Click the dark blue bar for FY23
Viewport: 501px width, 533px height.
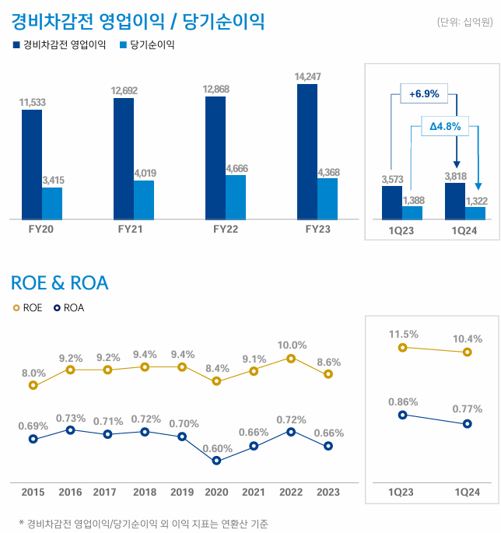(x=307, y=151)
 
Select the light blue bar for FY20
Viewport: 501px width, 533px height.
(x=52, y=203)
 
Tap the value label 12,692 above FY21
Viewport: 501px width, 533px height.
(x=124, y=91)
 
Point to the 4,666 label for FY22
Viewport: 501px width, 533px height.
(x=236, y=168)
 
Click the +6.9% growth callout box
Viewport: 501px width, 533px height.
(x=424, y=94)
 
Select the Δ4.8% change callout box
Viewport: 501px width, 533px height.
(x=445, y=125)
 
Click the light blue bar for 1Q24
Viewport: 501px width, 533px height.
(x=475, y=212)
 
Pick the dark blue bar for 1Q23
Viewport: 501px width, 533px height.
(x=392, y=202)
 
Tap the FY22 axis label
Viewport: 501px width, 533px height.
(x=226, y=230)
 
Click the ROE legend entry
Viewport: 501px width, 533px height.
(x=27, y=308)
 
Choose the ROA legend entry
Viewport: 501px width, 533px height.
(x=68, y=308)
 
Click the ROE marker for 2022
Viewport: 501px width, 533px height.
(x=291, y=359)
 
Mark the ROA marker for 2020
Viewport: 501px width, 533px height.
(x=217, y=461)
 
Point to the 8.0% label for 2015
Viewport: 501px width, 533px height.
(x=33, y=373)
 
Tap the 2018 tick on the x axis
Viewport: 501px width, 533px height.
(x=145, y=493)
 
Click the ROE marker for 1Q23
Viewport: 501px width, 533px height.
(x=402, y=348)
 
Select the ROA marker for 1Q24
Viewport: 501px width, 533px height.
(x=467, y=424)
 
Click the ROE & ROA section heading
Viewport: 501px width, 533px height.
(x=60, y=283)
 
